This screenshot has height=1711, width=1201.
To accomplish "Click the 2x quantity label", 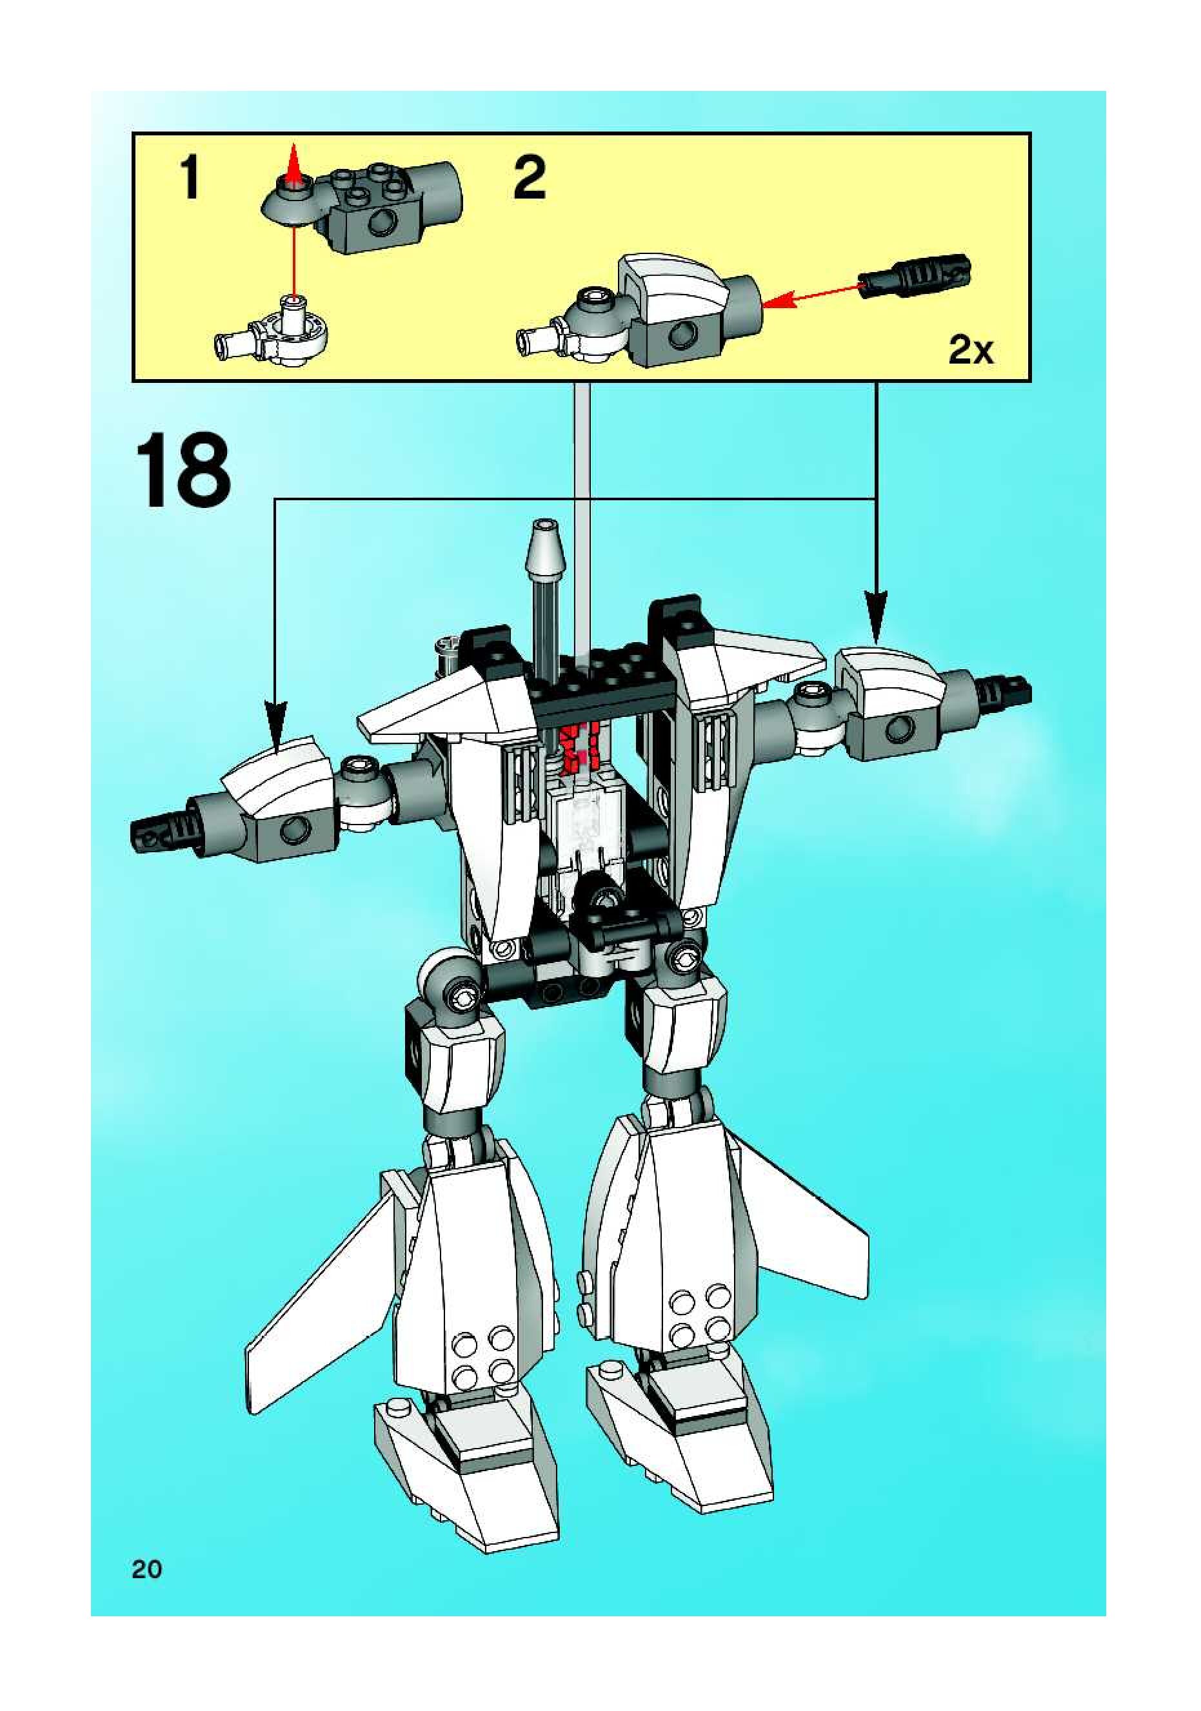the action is point(971,349).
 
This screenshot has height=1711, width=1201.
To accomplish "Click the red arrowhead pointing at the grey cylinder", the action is point(775,302).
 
